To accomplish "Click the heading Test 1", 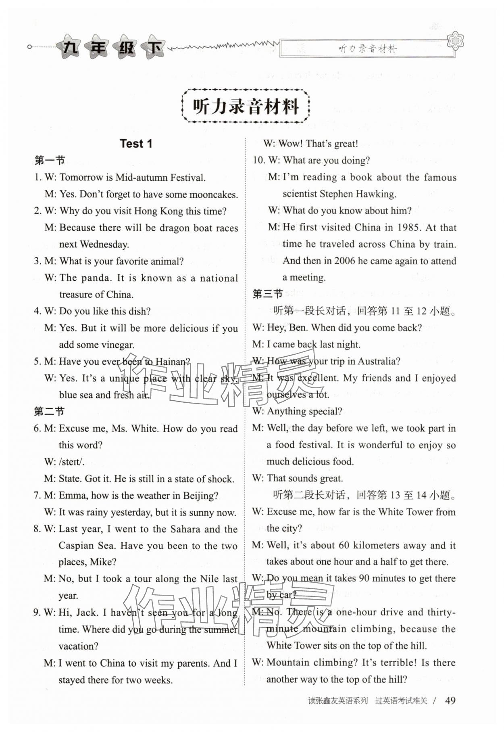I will pos(136,144).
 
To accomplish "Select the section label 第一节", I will pos(50,160).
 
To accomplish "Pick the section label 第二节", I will pos(49,412).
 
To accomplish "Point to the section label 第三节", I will pos(267,294).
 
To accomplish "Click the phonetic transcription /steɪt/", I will pos(72,462).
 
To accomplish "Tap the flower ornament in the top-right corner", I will pos(456,41).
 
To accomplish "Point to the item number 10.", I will pos(258,161).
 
